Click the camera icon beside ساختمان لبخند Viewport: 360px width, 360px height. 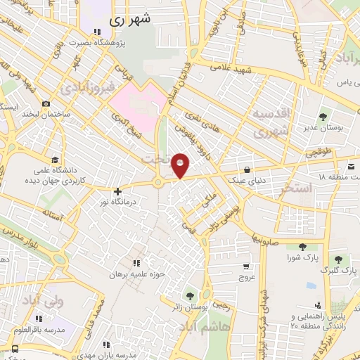click(x=46, y=103)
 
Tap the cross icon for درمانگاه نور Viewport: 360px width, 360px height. click(x=117, y=191)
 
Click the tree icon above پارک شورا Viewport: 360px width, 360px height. click(x=302, y=246)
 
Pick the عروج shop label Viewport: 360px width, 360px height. click(x=245, y=276)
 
